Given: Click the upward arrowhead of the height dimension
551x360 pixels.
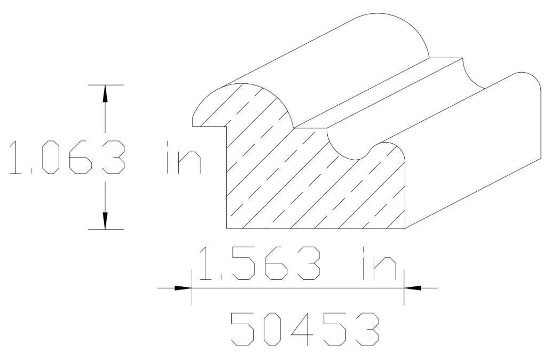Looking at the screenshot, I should [x=105, y=93].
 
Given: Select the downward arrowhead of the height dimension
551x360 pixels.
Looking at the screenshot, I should [x=105, y=221].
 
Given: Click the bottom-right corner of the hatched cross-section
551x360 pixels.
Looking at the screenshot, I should [x=405, y=228].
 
